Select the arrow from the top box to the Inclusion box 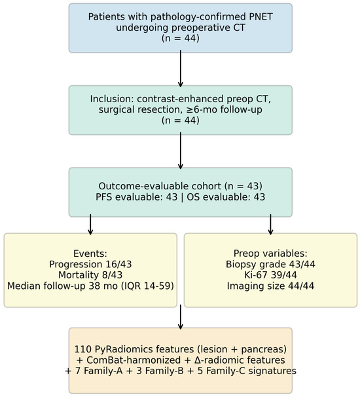[x=181, y=69]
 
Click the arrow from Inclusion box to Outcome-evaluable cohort [x=181, y=151]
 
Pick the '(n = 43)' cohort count [x=243, y=186]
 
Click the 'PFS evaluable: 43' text [x=137, y=197]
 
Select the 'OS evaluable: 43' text [x=226, y=197]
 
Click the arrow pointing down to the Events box [x=90, y=225]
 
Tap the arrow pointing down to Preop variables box [x=270, y=225]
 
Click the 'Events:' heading [x=90, y=254]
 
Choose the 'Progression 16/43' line [x=90, y=264]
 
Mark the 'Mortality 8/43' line [x=90, y=275]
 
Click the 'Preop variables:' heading [x=270, y=254]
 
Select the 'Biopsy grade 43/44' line [x=270, y=264]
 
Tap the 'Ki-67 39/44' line [x=270, y=275]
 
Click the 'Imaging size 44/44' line [x=270, y=286]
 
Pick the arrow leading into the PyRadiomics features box [x=181, y=317]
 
